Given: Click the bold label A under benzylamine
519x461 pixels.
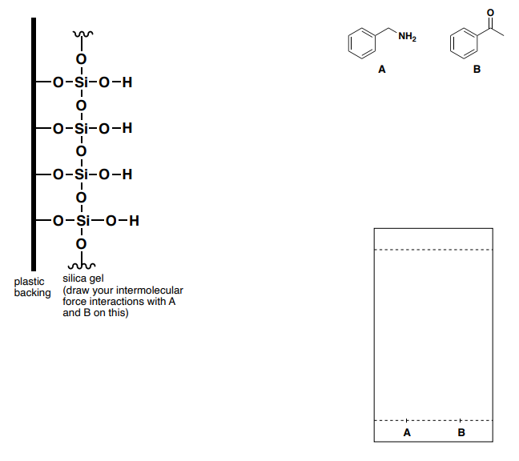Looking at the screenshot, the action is pyautogui.click(x=383, y=70).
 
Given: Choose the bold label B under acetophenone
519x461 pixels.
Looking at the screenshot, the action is pyautogui.click(x=477, y=70).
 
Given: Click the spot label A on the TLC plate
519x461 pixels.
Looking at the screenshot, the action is pyautogui.click(x=407, y=432).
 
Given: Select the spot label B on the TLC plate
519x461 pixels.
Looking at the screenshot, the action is pyautogui.click(x=461, y=432).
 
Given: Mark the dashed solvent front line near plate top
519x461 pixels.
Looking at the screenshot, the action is pyautogui.click(x=433, y=250).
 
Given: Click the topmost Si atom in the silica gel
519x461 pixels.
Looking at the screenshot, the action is pyautogui.click(x=80, y=82).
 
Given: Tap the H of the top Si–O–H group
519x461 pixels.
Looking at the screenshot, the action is pyautogui.click(x=127, y=82).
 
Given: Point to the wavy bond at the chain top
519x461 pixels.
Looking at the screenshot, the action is pyautogui.click(x=80, y=35).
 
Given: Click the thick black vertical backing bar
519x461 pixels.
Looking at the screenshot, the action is pyautogui.click(x=34, y=144).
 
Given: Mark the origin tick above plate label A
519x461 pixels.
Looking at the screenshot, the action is pyautogui.click(x=407, y=420).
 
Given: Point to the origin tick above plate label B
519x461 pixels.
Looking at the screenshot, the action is pyautogui.click(x=461, y=420).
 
